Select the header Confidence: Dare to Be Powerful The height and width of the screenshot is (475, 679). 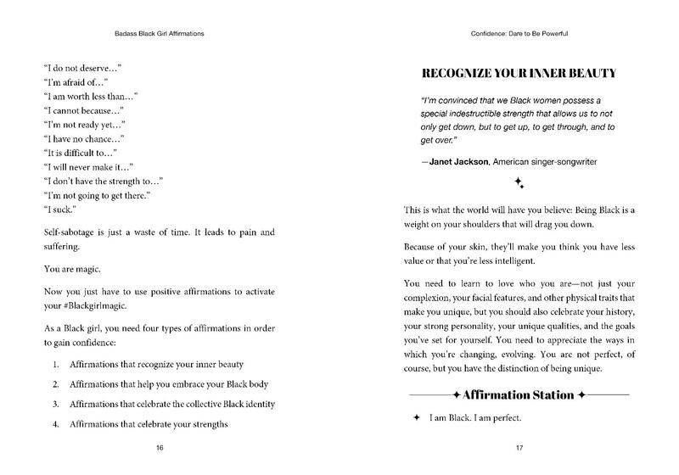(519, 35)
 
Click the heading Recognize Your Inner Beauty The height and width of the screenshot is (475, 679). (519, 73)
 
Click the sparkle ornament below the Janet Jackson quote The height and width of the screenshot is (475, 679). (519, 183)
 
